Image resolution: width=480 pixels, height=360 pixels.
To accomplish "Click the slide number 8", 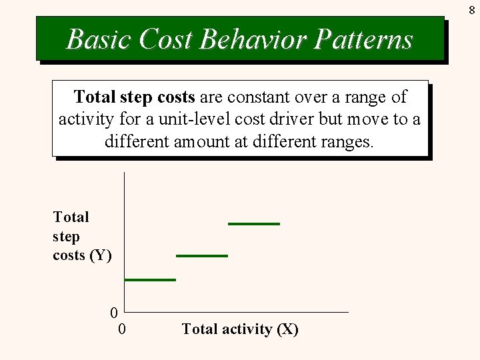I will [471, 10].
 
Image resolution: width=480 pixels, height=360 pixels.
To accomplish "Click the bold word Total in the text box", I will [95, 97].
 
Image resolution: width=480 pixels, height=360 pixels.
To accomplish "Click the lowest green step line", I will [150, 279].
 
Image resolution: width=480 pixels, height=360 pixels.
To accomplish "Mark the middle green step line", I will [202, 255].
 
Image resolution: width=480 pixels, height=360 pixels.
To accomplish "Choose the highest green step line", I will [254, 224].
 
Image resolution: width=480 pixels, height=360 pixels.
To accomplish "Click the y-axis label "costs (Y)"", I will [82, 255].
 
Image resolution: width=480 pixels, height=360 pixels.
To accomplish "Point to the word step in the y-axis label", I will [66, 237].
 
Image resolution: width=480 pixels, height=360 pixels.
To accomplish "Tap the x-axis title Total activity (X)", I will [240, 329].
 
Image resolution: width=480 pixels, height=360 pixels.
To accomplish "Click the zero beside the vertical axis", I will [114, 313].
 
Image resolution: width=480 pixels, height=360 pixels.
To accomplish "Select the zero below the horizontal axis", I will [121, 329].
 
